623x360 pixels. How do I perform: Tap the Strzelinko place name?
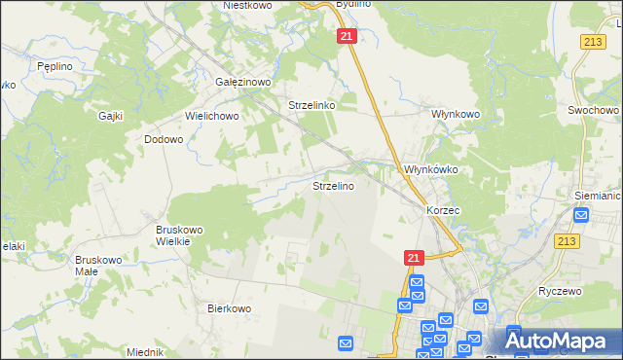tap(312, 105)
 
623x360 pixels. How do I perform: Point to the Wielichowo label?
tap(212, 115)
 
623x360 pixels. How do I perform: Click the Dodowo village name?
tap(164, 139)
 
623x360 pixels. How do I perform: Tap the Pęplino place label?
tap(51, 65)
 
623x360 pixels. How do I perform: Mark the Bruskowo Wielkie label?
tap(179, 235)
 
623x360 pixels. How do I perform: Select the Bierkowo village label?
tap(230, 307)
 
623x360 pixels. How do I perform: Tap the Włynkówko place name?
tap(430, 168)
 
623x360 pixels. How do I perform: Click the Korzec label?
tap(442, 209)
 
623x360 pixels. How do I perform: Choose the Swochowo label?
tap(594, 111)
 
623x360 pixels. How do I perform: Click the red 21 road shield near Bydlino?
tap(348, 36)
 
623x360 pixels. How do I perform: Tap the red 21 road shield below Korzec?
tap(413, 257)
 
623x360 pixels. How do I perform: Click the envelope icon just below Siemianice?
tap(582, 216)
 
